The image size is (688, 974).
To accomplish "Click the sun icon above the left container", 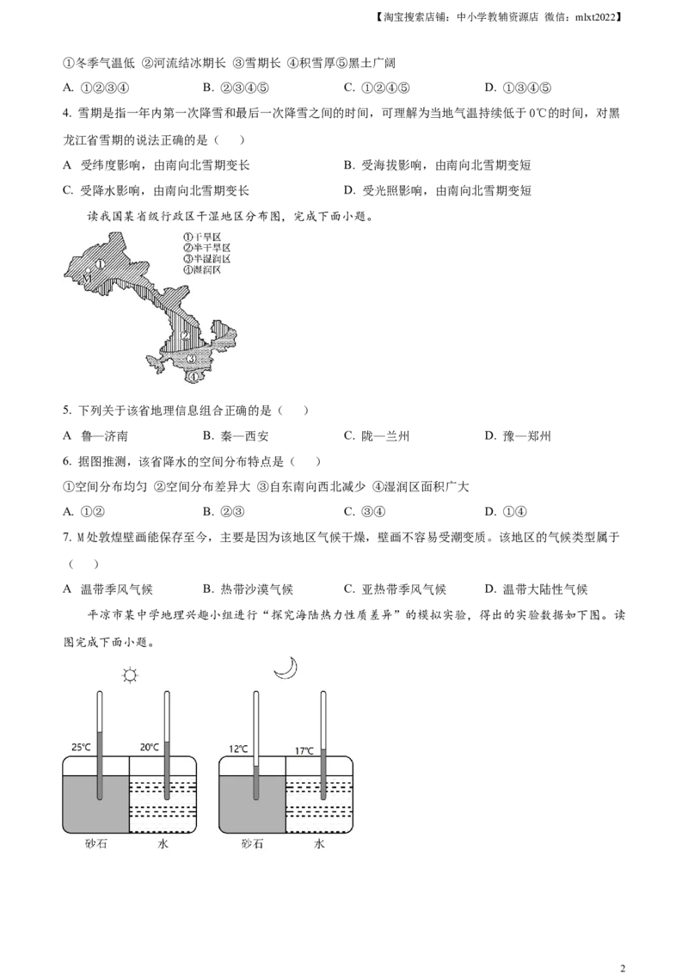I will coord(130,675).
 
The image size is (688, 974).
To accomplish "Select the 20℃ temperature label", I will coord(150,747).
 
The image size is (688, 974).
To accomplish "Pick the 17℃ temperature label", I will coord(305,750).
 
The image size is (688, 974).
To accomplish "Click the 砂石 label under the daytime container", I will coord(95,844).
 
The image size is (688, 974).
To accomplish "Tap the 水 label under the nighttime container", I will coord(319,844).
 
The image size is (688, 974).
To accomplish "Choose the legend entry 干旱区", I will coord(203,236).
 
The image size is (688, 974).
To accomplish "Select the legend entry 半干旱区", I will coord(206,247).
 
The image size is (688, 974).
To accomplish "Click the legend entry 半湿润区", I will coord(206,258).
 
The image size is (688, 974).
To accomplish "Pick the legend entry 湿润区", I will coord(203,269).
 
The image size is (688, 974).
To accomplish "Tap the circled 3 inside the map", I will coord(191,357).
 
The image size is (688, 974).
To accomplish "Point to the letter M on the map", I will coord(87,279).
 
